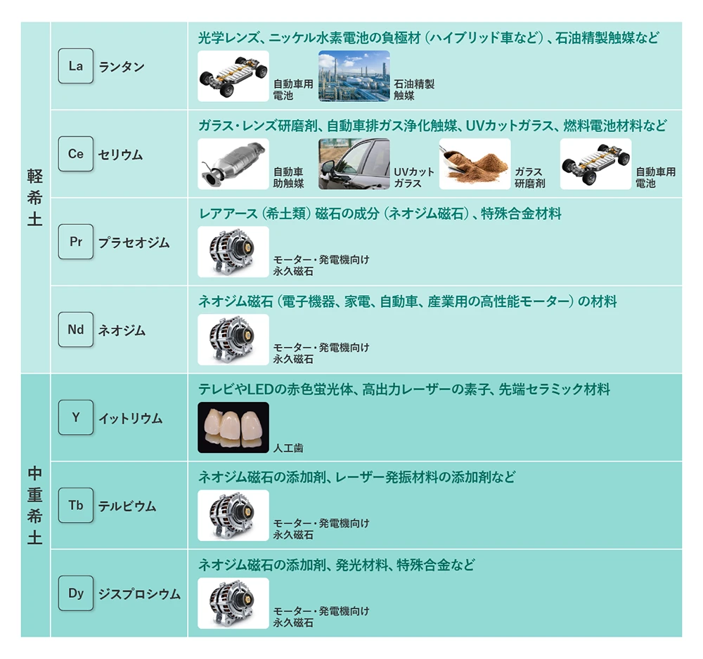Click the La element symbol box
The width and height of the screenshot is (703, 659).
coord(76,66)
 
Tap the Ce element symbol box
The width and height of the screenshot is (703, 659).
coord(76,154)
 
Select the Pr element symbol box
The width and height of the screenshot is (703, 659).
coord(76,242)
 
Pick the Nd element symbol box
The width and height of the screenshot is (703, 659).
coord(76,329)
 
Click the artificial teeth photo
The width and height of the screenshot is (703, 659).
coord(233,427)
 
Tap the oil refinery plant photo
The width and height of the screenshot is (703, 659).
coord(354,76)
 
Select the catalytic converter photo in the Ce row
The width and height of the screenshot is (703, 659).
coord(233,164)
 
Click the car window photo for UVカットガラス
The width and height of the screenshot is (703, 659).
coord(354,164)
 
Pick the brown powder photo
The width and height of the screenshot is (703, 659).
coord(475,164)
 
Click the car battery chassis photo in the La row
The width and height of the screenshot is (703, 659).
coord(233,76)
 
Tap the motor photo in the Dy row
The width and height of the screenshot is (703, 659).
coord(233,603)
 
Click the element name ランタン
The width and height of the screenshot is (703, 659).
coord(122,67)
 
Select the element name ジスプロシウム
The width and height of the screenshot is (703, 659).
coord(139,594)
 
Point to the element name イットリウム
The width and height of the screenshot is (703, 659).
coord(131,419)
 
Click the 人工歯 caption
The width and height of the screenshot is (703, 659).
coord(288,448)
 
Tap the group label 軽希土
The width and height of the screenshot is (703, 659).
coord(35,197)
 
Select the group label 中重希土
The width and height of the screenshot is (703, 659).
coord(35,505)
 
